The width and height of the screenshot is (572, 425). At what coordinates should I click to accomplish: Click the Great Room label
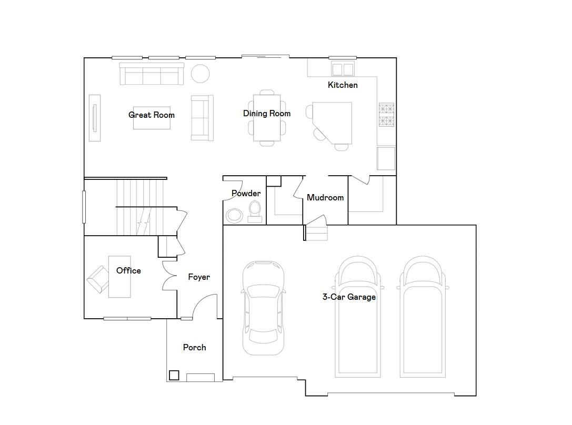(152, 115)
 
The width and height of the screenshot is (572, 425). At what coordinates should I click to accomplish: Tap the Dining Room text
(267, 114)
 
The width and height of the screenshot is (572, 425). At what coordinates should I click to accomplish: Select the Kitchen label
(343, 85)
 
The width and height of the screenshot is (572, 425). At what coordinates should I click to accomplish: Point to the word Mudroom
(325, 198)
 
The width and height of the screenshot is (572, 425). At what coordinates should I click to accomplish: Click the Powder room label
(246, 193)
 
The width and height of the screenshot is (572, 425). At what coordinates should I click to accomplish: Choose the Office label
(128, 270)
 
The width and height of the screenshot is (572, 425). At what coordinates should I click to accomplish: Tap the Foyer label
(199, 277)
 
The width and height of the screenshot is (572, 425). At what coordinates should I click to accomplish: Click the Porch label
(194, 347)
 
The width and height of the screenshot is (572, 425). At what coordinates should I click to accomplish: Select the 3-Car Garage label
(349, 297)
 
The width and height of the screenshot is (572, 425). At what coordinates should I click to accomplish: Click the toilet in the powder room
(255, 212)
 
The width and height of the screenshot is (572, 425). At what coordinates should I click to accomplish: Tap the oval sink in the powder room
(234, 216)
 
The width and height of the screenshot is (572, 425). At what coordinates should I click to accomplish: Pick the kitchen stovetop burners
(386, 115)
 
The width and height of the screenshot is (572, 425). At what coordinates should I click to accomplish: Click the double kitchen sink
(343, 69)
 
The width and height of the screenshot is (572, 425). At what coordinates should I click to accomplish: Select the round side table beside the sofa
(200, 74)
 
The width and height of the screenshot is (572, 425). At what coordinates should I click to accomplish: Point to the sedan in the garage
(264, 308)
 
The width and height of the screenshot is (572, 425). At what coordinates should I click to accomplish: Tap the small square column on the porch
(174, 375)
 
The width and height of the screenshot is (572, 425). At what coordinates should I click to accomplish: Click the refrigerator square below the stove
(386, 158)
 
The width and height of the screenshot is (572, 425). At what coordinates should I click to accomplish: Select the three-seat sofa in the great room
(152, 74)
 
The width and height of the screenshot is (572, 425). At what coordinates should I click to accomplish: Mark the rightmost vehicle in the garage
(423, 317)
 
